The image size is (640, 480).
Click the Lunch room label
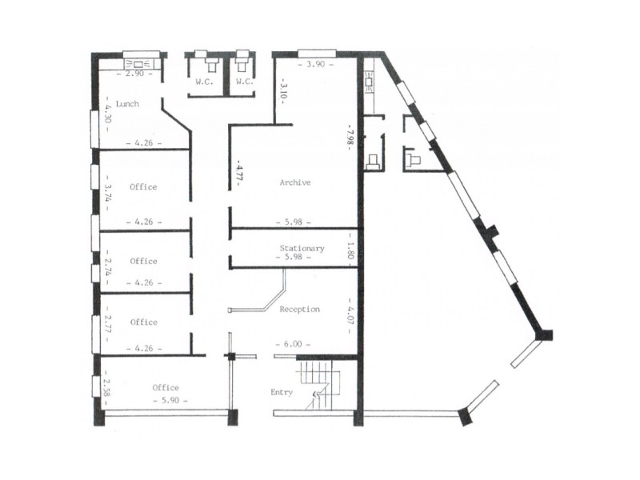point(128,104)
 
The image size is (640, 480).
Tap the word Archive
point(294,182)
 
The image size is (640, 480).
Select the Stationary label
point(302,248)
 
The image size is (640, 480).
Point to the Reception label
point(300,309)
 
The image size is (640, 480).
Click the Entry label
point(282,393)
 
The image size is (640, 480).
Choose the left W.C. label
point(202,82)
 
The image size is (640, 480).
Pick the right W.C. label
point(244,82)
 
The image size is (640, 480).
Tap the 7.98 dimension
point(350,133)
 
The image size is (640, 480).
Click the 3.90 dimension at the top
point(312,64)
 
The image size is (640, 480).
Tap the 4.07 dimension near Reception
point(350,310)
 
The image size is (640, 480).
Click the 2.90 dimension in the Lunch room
point(130,73)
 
